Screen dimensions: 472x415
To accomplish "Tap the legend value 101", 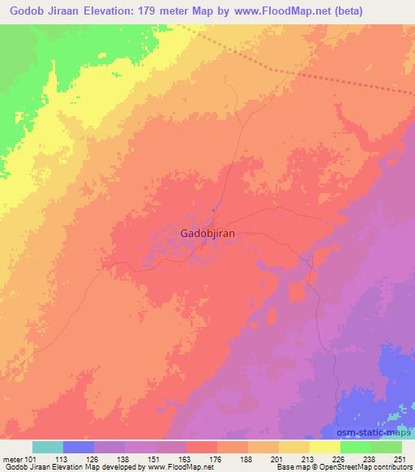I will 33,459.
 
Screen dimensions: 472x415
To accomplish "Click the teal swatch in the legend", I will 48,447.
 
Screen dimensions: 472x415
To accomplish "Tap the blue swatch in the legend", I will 79,447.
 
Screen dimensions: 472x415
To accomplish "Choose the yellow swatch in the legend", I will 324,447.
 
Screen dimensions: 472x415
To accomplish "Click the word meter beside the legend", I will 12,459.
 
